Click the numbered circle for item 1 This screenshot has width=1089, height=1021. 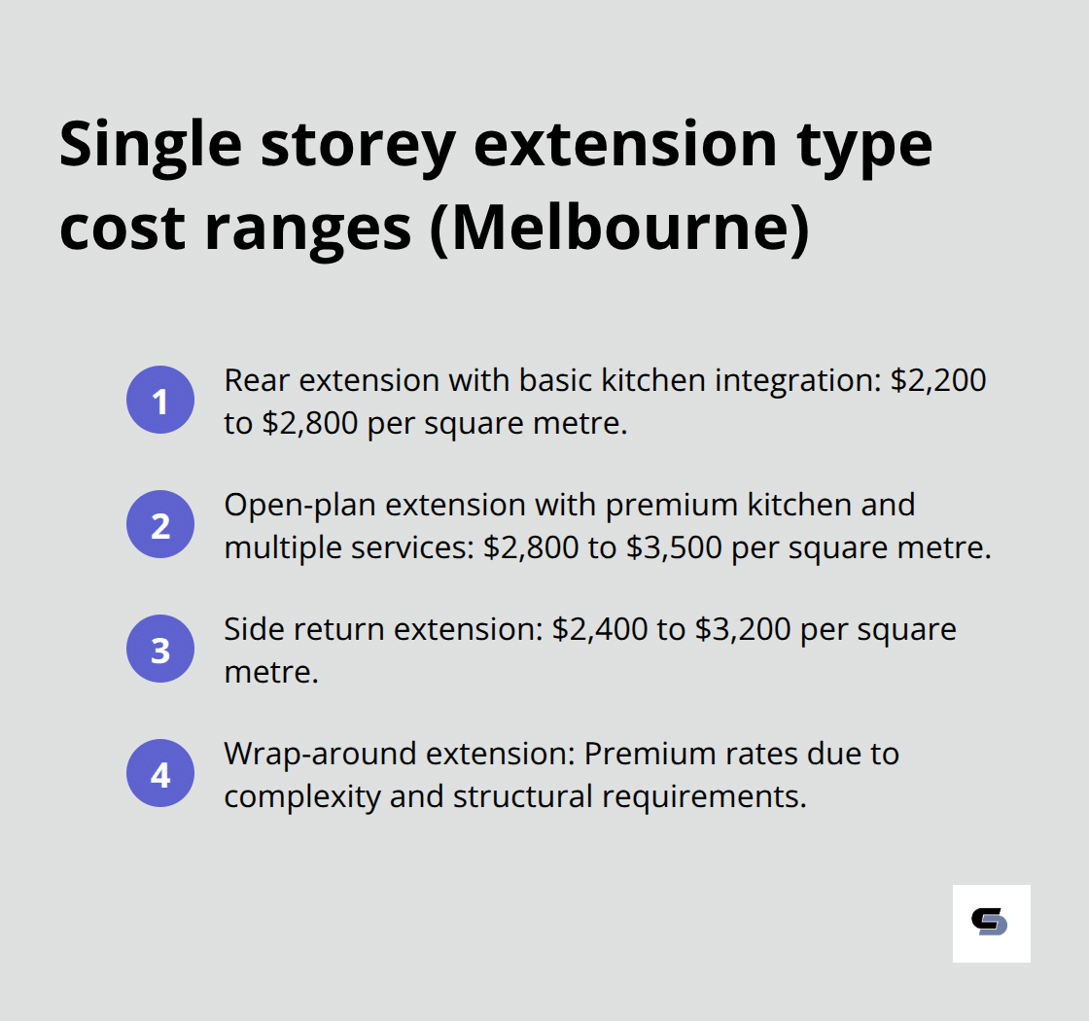tap(160, 401)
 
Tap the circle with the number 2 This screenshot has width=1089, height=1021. tap(160, 525)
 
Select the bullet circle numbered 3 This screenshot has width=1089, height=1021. tap(160, 650)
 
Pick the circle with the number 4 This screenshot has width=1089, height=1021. tap(160, 775)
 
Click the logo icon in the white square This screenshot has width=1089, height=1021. tap(990, 923)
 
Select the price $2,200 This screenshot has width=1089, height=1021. tap(938, 380)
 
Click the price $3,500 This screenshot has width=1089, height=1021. tap(675, 547)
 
